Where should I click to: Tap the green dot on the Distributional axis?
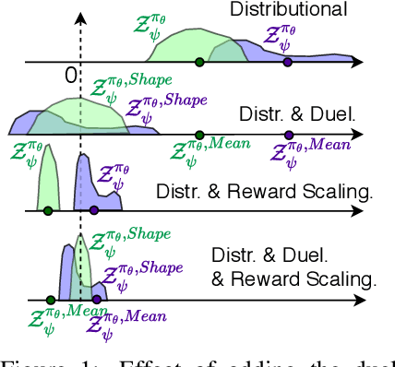click(199, 62)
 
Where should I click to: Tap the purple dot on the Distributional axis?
click(287, 62)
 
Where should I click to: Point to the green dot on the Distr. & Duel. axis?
click(199, 134)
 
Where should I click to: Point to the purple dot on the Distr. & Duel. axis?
click(287, 134)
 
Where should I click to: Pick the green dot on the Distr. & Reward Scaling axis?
click(48, 210)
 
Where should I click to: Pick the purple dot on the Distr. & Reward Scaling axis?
click(94, 210)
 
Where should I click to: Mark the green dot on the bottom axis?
click(49, 300)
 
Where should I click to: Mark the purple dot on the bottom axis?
click(94, 300)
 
